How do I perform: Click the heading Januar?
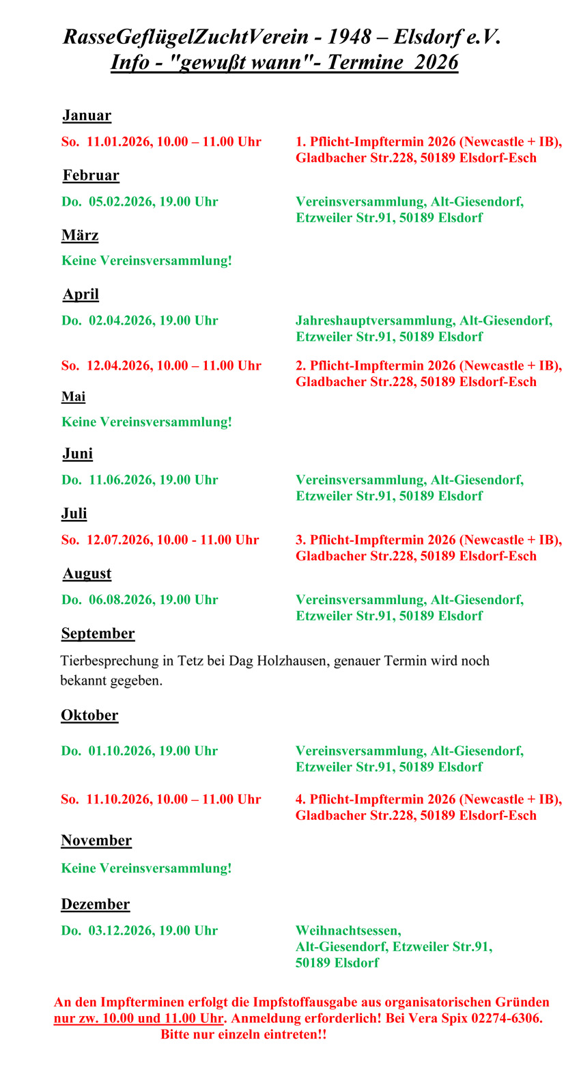[x=87, y=115]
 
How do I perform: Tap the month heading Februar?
[x=91, y=176]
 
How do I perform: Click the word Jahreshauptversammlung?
[x=375, y=320]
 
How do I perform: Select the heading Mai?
[x=74, y=397]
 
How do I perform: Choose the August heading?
[x=87, y=574]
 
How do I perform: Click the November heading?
[x=96, y=841]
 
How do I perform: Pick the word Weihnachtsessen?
[x=348, y=931]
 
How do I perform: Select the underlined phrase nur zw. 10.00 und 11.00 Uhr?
[x=139, y=1019]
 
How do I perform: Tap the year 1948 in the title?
[x=349, y=37]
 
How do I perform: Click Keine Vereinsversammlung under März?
[x=147, y=261]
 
